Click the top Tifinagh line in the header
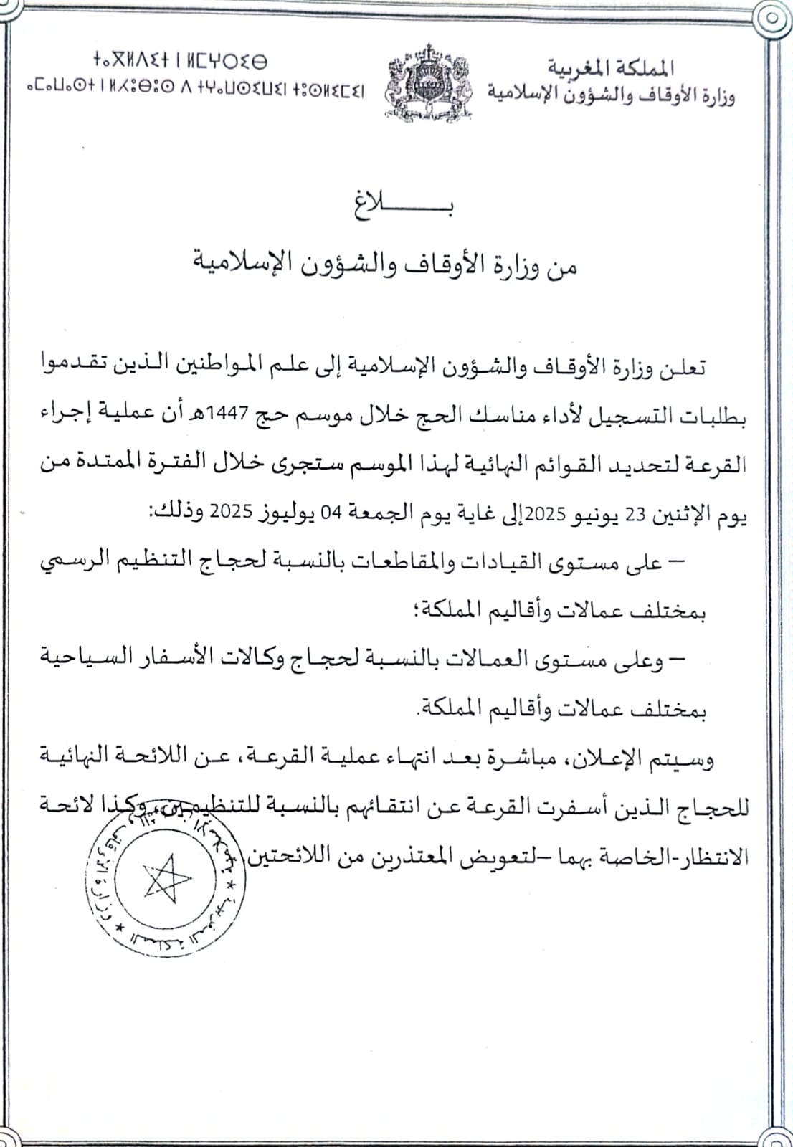180,60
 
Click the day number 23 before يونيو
636,513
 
